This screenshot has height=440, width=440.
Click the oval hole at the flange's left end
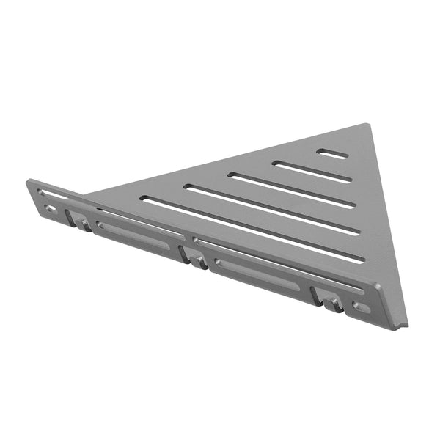[x=49, y=209]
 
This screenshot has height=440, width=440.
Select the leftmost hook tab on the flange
[x=79, y=221]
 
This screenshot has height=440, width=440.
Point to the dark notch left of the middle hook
[x=182, y=254]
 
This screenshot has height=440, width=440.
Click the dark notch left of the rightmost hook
[x=316, y=296]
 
